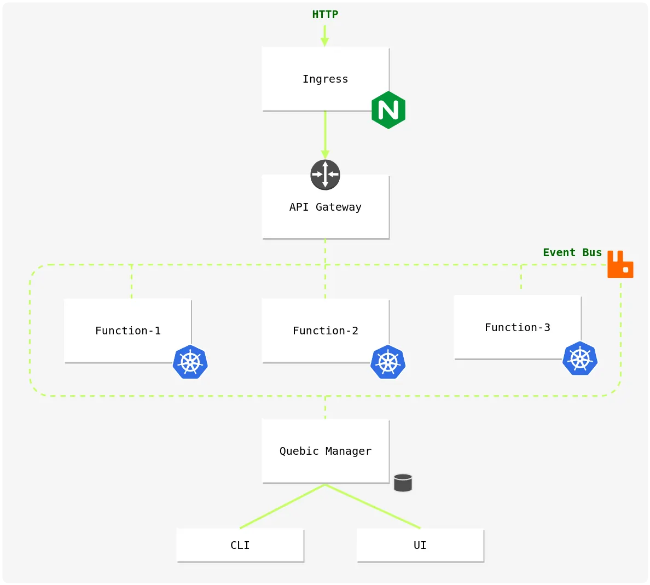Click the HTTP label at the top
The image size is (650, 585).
(x=325, y=15)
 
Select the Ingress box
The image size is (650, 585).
(x=326, y=79)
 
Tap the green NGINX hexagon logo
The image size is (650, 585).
(x=388, y=110)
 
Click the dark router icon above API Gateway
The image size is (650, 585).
(x=326, y=175)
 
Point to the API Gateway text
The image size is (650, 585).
(x=326, y=207)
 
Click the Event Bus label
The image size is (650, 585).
(x=572, y=252)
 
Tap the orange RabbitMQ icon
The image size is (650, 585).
(x=620, y=264)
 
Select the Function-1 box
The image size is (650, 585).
(x=127, y=331)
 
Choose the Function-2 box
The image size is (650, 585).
(x=326, y=331)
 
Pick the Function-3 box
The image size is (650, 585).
(x=518, y=327)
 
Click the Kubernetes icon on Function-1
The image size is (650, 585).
(x=190, y=362)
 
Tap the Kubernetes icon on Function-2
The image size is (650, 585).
(x=388, y=362)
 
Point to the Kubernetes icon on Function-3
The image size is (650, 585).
(x=580, y=358)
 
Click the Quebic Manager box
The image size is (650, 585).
(x=326, y=451)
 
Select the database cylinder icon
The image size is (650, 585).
(x=403, y=483)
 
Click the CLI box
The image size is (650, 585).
(x=240, y=545)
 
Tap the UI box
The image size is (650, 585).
(x=420, y=545)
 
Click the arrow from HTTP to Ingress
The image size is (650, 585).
(x=325, y=36)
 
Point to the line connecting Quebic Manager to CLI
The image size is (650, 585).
(x=283, y=506)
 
